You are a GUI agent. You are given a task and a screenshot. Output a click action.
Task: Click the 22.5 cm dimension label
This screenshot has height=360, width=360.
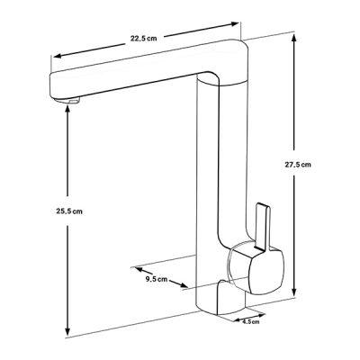143,39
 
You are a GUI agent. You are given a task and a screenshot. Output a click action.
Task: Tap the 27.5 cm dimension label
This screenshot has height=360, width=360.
298,165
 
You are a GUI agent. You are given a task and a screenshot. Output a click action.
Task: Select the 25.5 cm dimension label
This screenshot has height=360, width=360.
69,211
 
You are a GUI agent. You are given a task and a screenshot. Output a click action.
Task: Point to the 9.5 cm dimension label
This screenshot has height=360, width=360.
157,279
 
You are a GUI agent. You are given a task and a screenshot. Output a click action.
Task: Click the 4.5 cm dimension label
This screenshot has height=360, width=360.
251,322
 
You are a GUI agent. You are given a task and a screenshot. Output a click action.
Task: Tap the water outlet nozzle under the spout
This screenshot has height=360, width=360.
74,101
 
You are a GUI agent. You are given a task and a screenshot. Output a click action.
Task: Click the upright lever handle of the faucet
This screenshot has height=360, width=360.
262,227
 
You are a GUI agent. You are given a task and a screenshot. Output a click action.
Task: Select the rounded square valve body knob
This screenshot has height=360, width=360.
255,267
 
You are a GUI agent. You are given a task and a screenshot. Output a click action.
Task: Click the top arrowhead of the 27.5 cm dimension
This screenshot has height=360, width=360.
294,39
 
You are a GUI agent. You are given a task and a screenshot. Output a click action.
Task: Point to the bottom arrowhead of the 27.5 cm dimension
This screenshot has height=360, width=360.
294,292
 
